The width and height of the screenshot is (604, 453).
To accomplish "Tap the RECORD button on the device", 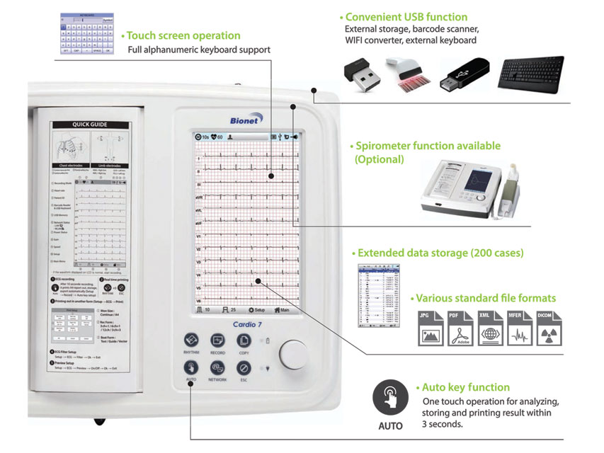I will click(x=217, y=340).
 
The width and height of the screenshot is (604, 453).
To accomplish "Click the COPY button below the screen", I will click(x=244, y=340).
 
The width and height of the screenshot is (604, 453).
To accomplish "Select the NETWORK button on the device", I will click(x=217, y=369).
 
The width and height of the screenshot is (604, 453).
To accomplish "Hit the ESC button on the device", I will click(x=244, y=369).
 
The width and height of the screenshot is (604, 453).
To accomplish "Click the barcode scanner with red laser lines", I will click(x=409, y=76).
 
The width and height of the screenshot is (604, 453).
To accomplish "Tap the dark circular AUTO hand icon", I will click(x=390, y=397).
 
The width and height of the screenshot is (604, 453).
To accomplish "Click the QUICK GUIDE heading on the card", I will click(x=90, y=125).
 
